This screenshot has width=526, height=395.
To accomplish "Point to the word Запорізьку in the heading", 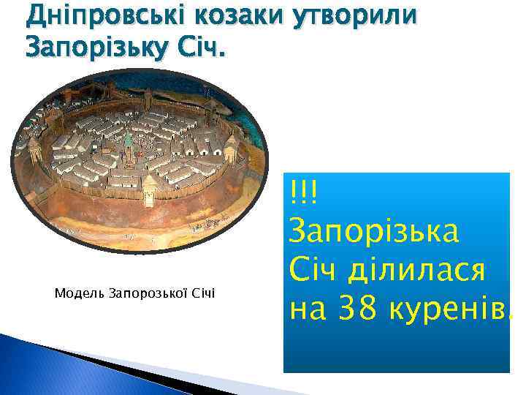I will pyautogui.click(x=98, y=49).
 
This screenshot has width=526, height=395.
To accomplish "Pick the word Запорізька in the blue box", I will pyautogui.click(x=374, y=233).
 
